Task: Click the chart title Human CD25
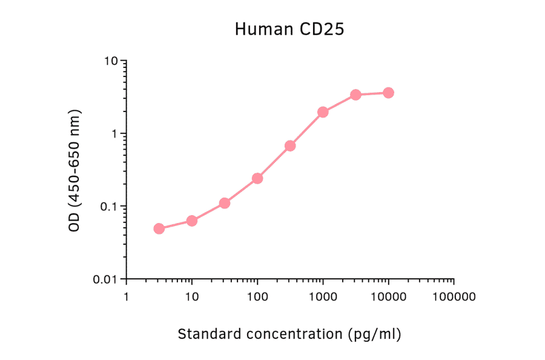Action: [289, 29]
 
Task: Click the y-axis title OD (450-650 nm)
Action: [74, 170]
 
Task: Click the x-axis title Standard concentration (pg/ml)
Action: [289, 334]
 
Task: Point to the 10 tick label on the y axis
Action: [111, 61]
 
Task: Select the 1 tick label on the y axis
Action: [114, 134]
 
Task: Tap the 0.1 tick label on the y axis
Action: [109, 207]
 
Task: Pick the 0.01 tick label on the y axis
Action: [106, 279]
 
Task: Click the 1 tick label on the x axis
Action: [127, 297]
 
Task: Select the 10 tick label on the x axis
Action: [192, 297]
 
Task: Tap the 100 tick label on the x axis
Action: [257, 297]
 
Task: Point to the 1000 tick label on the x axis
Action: [323, 297]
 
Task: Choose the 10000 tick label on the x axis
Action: [388, 297]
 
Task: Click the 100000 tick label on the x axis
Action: [454, 297]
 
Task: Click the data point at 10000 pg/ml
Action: [388, 93]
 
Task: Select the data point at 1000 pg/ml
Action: [323, 112]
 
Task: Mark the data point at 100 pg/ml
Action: [257, 178]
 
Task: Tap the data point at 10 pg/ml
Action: [192, 221]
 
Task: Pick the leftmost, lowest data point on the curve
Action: [159, 228]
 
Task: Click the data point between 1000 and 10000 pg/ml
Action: [355, 95]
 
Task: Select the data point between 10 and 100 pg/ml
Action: [225, 203]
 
